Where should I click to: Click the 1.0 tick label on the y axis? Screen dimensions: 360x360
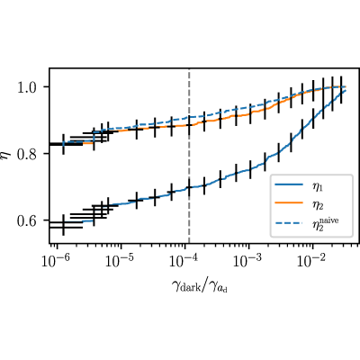[x=31, y=87]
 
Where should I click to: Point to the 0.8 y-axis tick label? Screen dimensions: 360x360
[x=31, y=154]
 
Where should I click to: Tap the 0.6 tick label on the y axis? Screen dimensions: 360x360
[x=31, y=220]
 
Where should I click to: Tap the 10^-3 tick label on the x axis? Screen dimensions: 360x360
[x=248, y=260]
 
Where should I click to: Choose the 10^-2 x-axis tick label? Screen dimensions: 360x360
[x=312, y=260]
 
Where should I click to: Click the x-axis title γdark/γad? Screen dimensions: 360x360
[x=200, y=285]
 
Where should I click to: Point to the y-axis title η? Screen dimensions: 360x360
[x=5, y=156]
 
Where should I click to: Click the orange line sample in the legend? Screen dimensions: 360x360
[x=289, y=202]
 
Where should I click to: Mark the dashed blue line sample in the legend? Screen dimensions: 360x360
[x=289, y=223]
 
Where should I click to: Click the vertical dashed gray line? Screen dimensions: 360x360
[x=189, y=156]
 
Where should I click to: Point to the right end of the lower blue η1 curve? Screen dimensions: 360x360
[x=346, y=91]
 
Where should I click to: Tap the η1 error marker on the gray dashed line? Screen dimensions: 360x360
[x=189, y=187]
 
